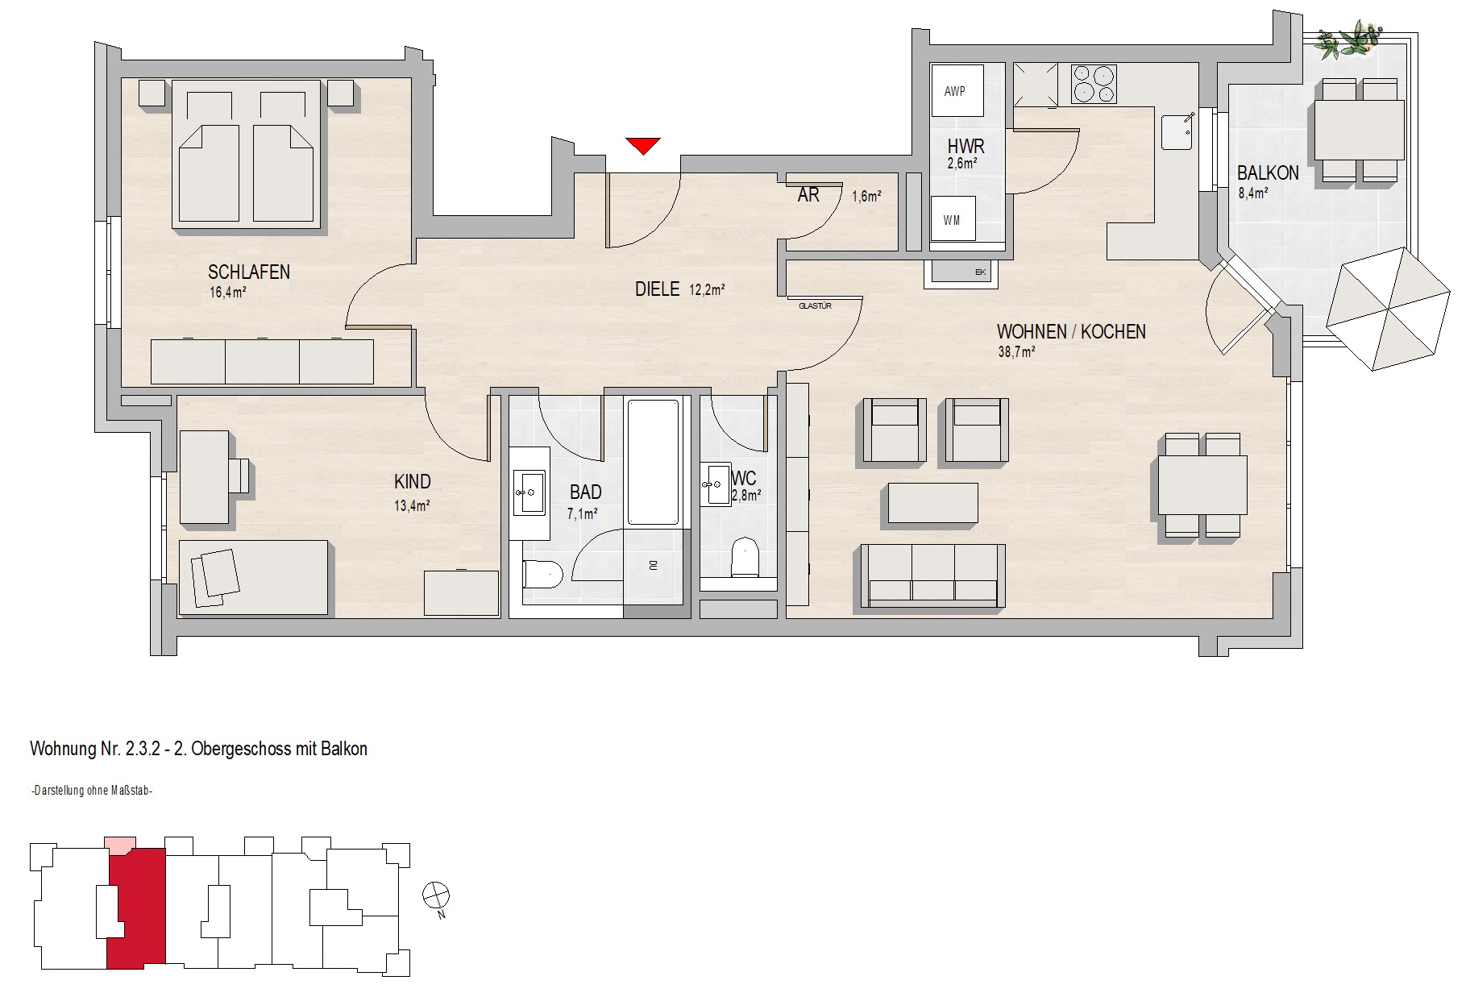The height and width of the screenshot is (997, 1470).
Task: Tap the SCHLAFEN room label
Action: pos(249,272)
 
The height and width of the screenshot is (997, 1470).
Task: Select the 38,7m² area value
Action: pos(1017,351)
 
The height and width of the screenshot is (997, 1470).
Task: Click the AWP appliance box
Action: pos(957,92)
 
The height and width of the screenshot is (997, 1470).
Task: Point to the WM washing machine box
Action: pos(953,220)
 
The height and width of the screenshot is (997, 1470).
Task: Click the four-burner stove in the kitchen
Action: pos(1094,84)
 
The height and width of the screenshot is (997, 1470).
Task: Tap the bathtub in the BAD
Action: pos(653,461)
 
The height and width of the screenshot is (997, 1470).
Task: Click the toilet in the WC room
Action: pos(745,559)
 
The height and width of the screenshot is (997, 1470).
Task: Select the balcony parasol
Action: pos(1388,309)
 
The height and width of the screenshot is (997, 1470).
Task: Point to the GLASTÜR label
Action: pos(815,306)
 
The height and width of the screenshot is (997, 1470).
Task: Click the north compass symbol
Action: pos(436,896)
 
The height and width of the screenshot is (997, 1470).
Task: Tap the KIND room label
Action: pos(413,482)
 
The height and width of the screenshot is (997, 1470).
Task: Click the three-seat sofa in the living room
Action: pos(933,575)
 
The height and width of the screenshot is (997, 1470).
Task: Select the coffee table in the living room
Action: pos(933,503)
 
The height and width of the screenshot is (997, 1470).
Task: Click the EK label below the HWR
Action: pos(981,272)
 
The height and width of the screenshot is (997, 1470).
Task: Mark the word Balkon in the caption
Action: pos(344,749)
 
